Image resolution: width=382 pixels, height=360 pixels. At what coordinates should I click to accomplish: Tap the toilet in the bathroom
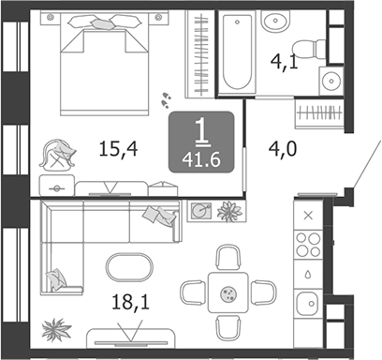point(305,48)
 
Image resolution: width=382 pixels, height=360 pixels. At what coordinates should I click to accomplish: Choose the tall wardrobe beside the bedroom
point(198,56)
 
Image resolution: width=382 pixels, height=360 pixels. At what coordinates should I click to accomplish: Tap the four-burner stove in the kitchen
point(309,245)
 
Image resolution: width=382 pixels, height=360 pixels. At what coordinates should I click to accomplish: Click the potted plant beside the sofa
point(58,328)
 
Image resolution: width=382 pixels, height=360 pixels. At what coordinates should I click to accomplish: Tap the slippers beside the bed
point(166,95)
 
